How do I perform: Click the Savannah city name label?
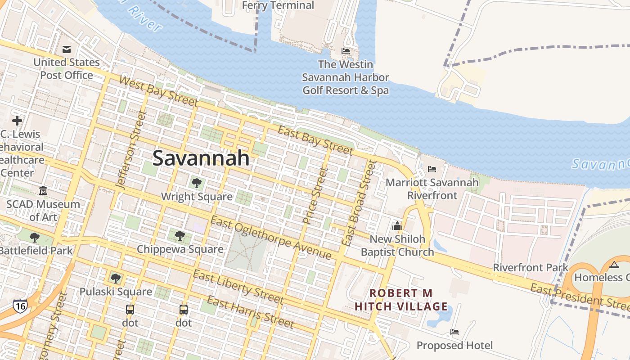pyautogui.click(x=201, y=158)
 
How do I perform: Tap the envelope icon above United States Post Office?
pyautogui.click(x=67, y=49)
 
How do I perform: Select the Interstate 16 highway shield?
pyautogui.click(x=20, y=306)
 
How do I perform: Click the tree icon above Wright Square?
pyautogui.click(x=196, y=183)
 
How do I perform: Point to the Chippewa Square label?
pyautogui.click(x=180, y=249)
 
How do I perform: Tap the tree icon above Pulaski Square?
pyautogui.click(x=116, y=278)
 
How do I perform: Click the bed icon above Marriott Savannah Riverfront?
pyautogui.click(x=432, y=169)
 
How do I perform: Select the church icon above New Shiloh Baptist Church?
pyautogui.click(x=397, y=225)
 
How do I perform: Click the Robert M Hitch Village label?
pyautogui.click(x=401, y=300)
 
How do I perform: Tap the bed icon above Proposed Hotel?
pyautogui.click(x=454, y=333)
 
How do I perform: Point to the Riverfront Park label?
pyautogui.click(x=531, y=267)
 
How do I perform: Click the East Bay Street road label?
pyautogui.click(x=315, y=140)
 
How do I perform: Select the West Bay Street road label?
pyautogui.click(x=158, y=92)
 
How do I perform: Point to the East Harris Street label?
pyautogui.click(x=250, y=312)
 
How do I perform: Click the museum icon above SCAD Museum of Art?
pyautogui.click(x=43, y=191)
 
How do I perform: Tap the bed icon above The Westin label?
pyautogui.click(x=346, y=51)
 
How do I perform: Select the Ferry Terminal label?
pyautogui.click(x=278, y=5)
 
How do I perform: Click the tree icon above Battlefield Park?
pyautogui.click(x=35, y=237)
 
